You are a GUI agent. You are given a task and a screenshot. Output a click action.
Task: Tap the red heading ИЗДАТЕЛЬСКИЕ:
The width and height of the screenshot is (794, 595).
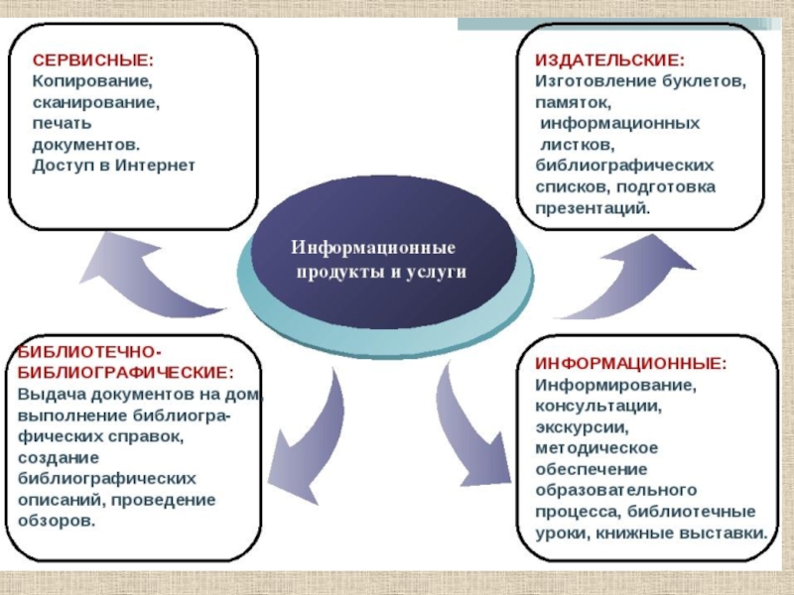609,59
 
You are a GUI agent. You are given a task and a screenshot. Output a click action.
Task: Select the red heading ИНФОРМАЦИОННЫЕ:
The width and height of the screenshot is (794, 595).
631,364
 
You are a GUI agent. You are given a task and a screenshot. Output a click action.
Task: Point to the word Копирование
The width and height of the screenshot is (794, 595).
92,80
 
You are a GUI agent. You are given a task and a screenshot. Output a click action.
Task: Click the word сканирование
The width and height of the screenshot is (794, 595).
96,101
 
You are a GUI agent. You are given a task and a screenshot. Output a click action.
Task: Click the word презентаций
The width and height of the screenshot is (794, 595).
593,208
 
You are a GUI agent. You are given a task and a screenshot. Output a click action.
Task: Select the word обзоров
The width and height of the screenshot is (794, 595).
58,521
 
